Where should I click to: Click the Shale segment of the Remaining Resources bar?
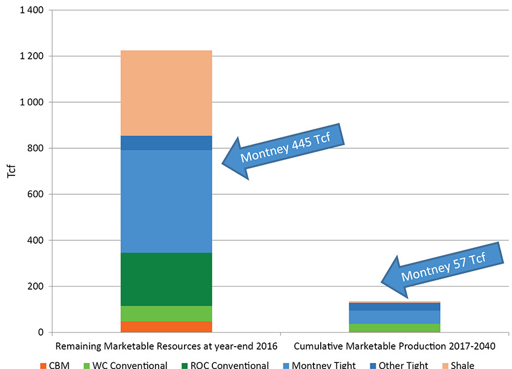pos(166,93)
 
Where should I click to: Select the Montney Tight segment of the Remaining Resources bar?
pos(166,201)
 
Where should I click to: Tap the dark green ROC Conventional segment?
pos(166,279)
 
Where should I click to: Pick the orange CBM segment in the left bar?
pos(166,327)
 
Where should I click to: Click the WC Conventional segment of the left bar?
pos(166,313)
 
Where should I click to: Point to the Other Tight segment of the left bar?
pos(166,142)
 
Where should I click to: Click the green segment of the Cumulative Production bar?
pos(394,328)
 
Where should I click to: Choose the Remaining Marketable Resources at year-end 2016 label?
pos(166,347)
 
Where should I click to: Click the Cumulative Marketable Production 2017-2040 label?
pos(394,347)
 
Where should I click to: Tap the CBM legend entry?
pos(56,365)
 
